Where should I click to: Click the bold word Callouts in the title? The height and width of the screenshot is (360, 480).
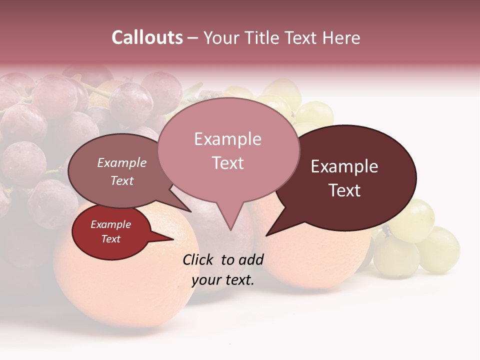(x=147, y=37)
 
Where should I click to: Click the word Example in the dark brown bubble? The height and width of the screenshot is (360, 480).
(x=344, y=166)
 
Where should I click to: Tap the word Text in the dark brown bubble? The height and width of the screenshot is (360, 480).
(x=344, y=190)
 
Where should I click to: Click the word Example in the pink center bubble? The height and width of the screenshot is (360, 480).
(x=227, y=139)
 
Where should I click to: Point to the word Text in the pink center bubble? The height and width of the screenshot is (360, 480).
(x=227, y=163)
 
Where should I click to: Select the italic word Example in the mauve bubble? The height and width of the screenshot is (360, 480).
(x=121, y=162)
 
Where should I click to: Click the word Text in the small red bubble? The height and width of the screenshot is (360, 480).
(x=110, y=239)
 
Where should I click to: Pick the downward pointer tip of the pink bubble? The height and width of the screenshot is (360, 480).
(x=230, y=230)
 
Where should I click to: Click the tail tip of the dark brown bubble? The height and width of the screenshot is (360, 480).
(x=266, y=235)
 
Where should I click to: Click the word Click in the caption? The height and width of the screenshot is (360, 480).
(x=198, y=259)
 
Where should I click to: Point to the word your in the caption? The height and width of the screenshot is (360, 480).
(x=203, y=280)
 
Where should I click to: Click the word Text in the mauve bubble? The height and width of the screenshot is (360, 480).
(x=121, y=180)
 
